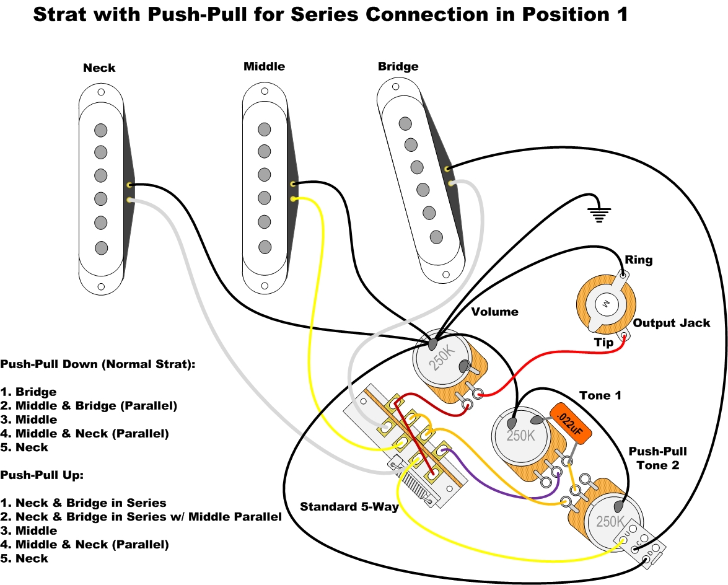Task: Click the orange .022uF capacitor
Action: tap(571, 422)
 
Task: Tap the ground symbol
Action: tap(599, 214)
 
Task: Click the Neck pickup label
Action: tap(99, 68)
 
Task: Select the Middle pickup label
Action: tap(264, 66)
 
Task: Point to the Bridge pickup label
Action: tap(398, 66)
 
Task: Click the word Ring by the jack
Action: tap(638, 260)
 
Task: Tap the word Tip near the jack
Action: tap(603, 343)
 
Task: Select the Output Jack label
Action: tap(672, 323)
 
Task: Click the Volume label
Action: tap(495, 312)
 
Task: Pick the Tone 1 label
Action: tap(600, 395)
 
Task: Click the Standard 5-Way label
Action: tap(349, 506)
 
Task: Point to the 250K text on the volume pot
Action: tap(442, 358)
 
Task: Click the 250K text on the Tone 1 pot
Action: tap(520, 436)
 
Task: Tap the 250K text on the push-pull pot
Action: tap(610, 521)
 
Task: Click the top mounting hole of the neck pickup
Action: tap(101, 92)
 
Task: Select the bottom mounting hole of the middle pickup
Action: tap(265, 286)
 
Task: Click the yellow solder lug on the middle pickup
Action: tap(293, 199)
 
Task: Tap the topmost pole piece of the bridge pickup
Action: tap(405, 123)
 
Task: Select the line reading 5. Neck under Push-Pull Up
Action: tap(24, 558)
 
